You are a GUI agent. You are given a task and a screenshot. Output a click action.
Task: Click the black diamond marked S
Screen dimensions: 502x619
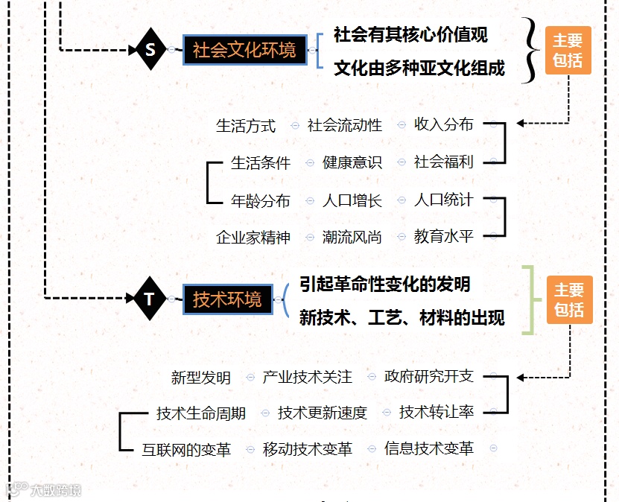coord(151,50)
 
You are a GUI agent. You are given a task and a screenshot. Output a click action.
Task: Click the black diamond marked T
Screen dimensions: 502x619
coord(150,299)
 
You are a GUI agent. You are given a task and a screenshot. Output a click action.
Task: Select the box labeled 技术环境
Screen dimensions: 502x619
coord(227,299)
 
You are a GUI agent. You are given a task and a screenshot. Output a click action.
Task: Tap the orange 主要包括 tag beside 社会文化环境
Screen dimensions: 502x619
coord(568,51)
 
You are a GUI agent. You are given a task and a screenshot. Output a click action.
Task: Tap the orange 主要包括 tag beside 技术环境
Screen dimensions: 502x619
coord(569,300)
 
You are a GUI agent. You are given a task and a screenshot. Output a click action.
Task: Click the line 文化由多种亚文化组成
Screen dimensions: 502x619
coord(419,69)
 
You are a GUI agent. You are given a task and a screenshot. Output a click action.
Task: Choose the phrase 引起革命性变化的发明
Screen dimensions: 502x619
coord(384,284)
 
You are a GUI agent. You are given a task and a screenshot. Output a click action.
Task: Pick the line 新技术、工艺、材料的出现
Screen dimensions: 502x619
coord(402,318)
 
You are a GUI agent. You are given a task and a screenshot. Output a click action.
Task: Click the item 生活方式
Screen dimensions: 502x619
coord(246,126)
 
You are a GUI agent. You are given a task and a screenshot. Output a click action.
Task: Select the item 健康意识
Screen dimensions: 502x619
coord(352,162)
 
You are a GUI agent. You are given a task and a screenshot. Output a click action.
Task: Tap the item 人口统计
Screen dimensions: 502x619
coord(443,200)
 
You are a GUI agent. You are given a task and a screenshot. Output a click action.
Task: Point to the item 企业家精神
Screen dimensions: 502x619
coord(253,237)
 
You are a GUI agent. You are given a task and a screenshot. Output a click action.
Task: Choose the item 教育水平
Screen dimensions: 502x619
coord(443,237)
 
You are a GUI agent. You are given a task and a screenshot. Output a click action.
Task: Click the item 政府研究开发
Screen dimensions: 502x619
coord(429,376)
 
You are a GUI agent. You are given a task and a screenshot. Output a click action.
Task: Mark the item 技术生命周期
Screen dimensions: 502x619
coord(201,413)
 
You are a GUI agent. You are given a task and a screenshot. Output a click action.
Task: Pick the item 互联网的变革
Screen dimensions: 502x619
coord(186,449)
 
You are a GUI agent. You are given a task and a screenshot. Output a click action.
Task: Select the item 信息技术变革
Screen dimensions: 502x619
coord(429,448)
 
